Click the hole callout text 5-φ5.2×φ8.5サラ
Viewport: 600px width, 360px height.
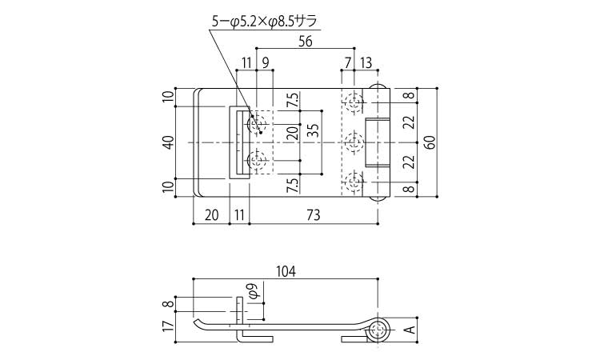265,22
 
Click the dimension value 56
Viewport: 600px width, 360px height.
305,41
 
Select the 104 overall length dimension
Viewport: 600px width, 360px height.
286,272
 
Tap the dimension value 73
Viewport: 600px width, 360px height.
314,215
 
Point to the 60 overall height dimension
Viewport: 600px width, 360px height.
431,142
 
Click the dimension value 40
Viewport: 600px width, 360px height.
169,142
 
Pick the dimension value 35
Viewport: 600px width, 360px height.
313,130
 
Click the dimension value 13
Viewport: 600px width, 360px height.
366,62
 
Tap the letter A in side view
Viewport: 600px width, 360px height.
410,330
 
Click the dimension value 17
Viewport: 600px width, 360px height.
169,326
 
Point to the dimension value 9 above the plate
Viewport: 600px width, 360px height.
266,62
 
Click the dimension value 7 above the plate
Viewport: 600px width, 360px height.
347,62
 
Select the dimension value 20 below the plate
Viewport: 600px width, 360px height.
211,215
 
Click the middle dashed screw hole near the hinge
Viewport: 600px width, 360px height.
354,142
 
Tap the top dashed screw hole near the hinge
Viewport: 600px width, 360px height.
354,102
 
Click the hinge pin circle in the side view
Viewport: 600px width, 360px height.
378,330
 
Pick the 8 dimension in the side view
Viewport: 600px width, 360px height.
169,305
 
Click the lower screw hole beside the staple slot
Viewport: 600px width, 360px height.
257,161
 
